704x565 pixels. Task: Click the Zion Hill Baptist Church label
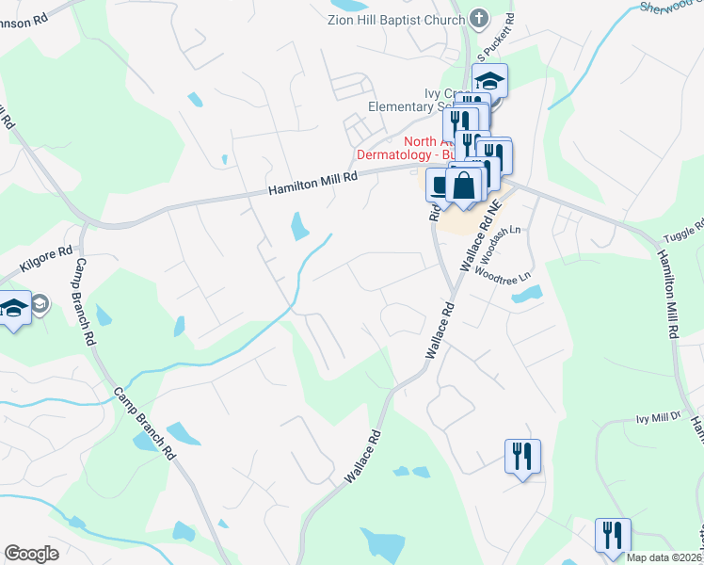coord(396,20)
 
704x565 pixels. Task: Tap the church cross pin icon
coord(479,19)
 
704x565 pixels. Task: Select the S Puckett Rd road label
coord(499,34)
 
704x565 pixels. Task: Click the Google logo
coord(31,554)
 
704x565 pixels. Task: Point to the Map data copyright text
coord(664,557)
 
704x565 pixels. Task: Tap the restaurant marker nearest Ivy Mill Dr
coord(521,457)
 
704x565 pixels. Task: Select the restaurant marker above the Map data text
coord(613,535)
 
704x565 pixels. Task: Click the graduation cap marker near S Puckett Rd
coord(489,81)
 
